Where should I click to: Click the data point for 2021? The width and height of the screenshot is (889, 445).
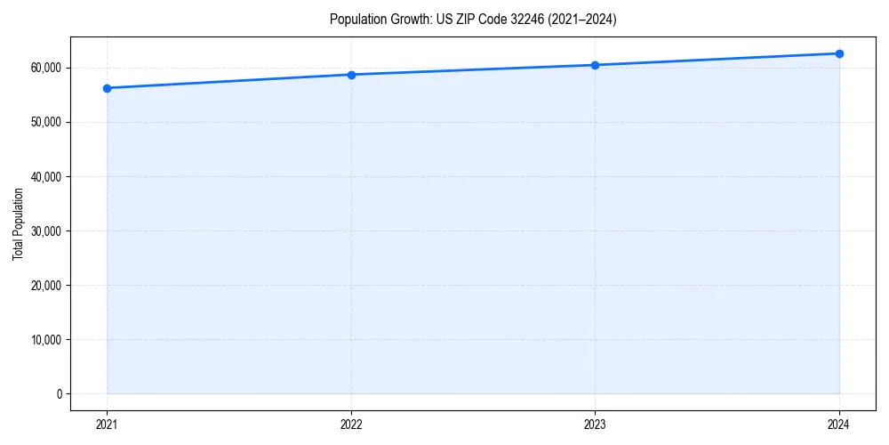(107, 88)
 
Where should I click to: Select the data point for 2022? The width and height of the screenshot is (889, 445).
(351, 75)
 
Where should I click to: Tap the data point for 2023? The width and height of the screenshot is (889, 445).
(595, 65)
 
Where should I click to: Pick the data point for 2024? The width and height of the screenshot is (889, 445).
(839, 53)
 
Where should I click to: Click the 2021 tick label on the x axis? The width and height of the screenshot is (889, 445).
(107, 425)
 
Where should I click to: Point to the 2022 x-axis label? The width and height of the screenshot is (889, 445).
(351, 425)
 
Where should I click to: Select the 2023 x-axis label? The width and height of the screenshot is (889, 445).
(595, 425)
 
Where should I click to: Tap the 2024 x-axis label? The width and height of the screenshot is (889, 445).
(839, 425)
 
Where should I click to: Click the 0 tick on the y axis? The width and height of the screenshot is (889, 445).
(59, 394)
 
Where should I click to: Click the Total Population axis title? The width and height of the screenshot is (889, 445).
(18, 223)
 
